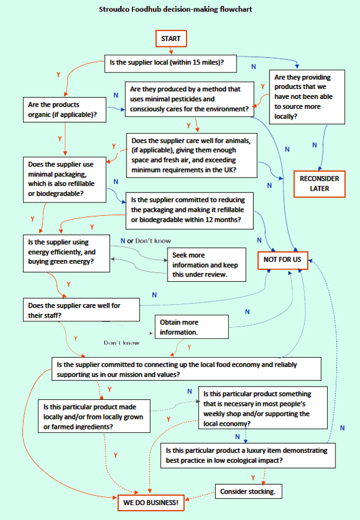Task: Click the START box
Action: [x=171, y=39]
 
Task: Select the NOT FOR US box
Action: [x=283, y=259]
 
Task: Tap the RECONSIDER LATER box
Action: [x=319, y=184]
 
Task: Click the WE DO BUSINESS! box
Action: [x=151, y=504]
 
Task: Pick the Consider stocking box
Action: [x=247, y=491]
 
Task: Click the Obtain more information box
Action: [x=192, y=327]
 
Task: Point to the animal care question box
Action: [x=192, y=155]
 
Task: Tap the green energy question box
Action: [x=66, y=253]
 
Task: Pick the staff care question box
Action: [x=81, y=311]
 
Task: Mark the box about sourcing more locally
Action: [x=307, y=97]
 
